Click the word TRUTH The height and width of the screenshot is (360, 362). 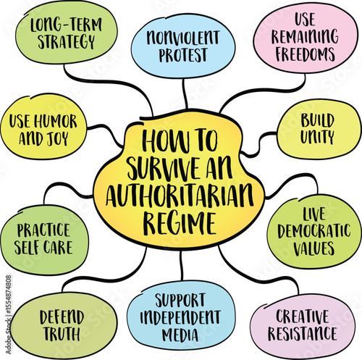tap(61, 334)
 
